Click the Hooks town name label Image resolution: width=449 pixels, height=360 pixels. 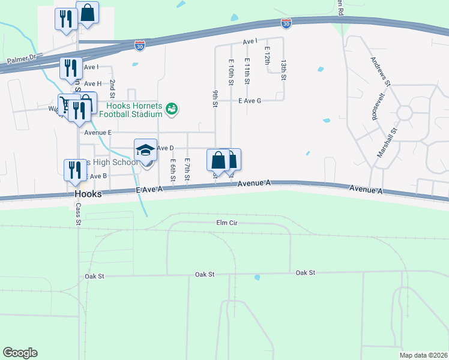tap(88, 195)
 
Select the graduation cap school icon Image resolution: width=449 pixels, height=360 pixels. tap(145, 150)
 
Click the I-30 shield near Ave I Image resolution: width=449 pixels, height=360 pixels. tap(139, 46)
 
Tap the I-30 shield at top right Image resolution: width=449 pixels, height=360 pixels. tap(286, 23)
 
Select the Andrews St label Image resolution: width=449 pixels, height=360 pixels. tap(381, 72)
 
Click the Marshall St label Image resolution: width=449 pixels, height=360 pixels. tap(388, 143)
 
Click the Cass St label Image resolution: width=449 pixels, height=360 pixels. tap(78, 213)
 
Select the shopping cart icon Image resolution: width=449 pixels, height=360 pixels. tap(65, 103)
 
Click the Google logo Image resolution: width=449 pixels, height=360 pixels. tap(20, 353)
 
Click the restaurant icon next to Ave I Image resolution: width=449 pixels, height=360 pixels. tap(71, 68)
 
